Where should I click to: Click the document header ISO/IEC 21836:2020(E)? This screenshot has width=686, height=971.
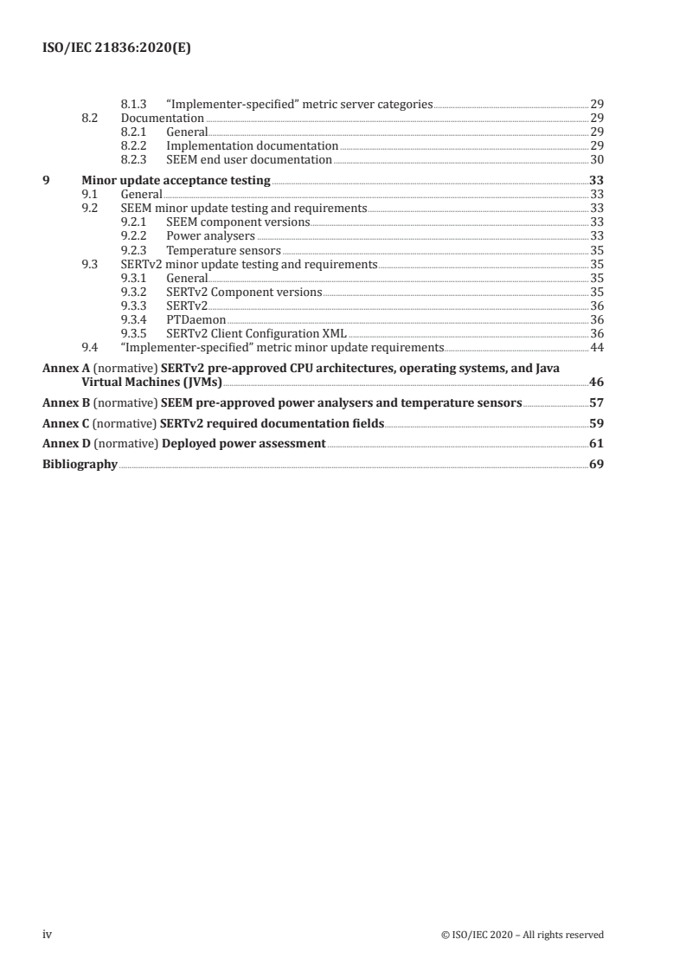(117, 49)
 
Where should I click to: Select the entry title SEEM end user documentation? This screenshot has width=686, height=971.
(249, 159)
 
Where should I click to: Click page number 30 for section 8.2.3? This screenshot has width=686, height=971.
(596, 159)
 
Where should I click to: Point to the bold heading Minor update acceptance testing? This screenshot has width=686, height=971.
(176, 181)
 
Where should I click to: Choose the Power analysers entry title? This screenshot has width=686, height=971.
(210, 235)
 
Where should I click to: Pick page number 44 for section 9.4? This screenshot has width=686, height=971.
(596, 348)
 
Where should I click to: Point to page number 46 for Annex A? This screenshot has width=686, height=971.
(596, 382)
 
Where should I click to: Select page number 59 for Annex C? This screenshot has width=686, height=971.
(596, 423)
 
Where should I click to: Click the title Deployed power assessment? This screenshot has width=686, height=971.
(244, 444)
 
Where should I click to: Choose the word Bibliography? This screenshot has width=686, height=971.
(80, 465)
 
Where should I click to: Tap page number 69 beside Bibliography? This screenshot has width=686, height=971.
(596, 465)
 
